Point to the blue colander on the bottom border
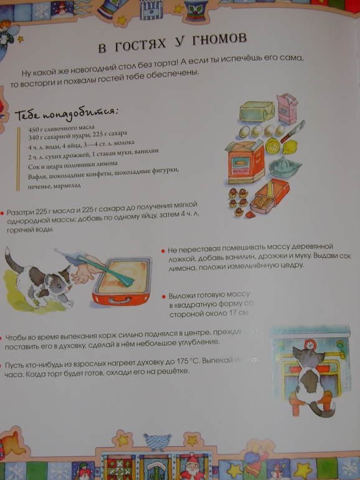[x=154, y=441]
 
